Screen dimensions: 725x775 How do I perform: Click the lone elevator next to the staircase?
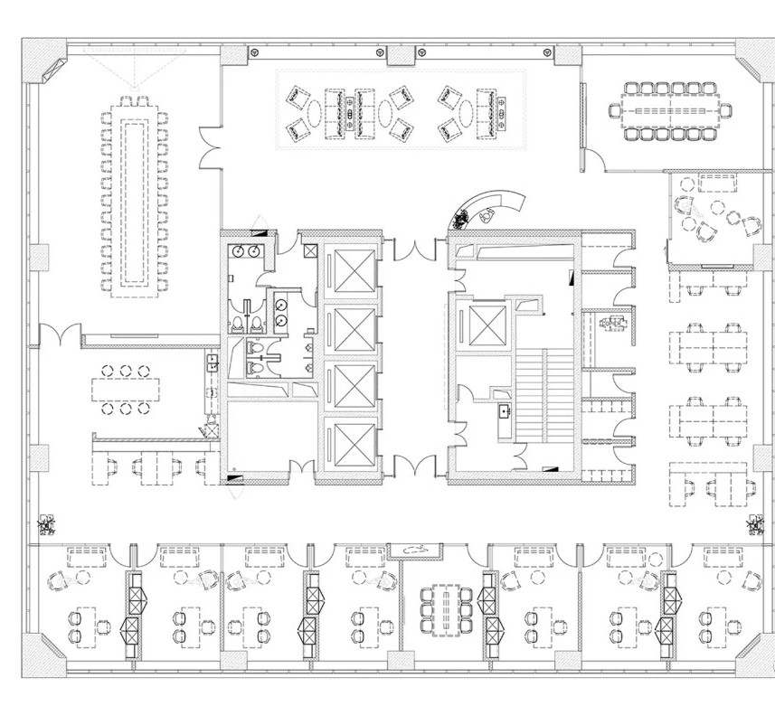(477, 321)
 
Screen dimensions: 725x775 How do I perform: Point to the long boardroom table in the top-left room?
(133, 194)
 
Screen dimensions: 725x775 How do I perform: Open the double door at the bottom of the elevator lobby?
(414, 466)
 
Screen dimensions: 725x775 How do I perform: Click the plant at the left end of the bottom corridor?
(43, 523)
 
